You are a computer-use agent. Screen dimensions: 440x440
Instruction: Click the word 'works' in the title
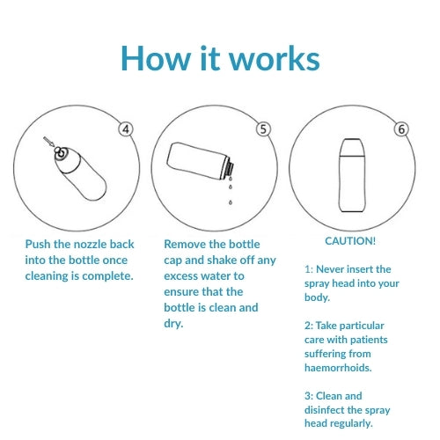tap(275, 59)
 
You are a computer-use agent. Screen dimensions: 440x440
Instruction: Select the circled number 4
tap(126, 129)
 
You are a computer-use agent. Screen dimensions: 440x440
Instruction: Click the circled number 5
tap(263, 129)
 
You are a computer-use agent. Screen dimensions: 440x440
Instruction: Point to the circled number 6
tap(401, 129)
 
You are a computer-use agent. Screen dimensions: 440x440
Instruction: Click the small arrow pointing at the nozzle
tap(48, 142)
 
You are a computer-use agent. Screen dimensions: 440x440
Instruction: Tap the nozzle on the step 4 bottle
tap(60, 152)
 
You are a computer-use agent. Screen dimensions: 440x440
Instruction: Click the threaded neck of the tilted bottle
tap(230, 169)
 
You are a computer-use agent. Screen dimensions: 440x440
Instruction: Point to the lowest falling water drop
tap(231, 202)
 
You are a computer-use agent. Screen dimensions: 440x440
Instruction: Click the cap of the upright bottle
tap(352, 147)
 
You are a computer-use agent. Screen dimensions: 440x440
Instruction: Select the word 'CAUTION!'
tap(350, 241)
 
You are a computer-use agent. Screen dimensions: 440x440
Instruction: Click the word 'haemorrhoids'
tap(337, 368)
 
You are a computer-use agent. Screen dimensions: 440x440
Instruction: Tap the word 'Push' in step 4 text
tap(38, 244)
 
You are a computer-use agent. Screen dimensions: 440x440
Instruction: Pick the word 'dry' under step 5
tap(172, 324)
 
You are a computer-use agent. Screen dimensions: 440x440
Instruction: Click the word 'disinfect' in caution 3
tap(326, 410)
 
